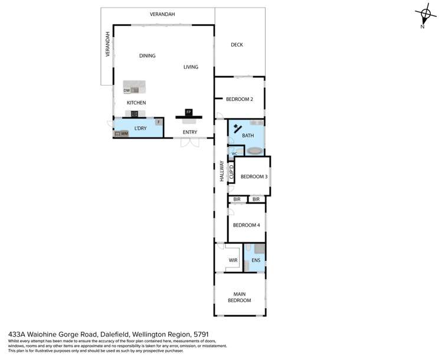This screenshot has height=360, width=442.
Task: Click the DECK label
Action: [x=237, y=45]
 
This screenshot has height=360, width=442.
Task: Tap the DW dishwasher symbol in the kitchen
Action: [x=127, y=90]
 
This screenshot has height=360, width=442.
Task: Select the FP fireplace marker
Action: [x=189, y=112]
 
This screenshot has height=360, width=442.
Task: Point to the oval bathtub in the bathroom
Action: [x=255, y=151]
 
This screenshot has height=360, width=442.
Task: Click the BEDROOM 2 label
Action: [x=239, y=99]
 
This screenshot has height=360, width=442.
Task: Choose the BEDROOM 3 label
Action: [x=254, y=176]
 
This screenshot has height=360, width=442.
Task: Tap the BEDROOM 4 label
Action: [x=246, y=225]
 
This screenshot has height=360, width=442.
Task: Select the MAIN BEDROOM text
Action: [x=240, y=297]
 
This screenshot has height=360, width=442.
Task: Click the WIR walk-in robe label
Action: [x=233, y=260]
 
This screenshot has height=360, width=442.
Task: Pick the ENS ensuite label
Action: [x=256, y=260]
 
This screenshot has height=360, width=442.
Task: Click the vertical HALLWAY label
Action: [x=222, y=171]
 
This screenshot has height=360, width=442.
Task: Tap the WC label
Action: [x=234, y=153]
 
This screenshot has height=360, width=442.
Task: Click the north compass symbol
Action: [x=425, y=15]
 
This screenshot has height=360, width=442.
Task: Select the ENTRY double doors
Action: [x=189, y=143]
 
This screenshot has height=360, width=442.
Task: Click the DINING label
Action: [x=147, y=56]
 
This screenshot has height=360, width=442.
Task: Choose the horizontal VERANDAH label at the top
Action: [x=162, y=14]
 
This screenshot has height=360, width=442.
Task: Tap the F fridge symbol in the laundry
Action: [x=158, y=122]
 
